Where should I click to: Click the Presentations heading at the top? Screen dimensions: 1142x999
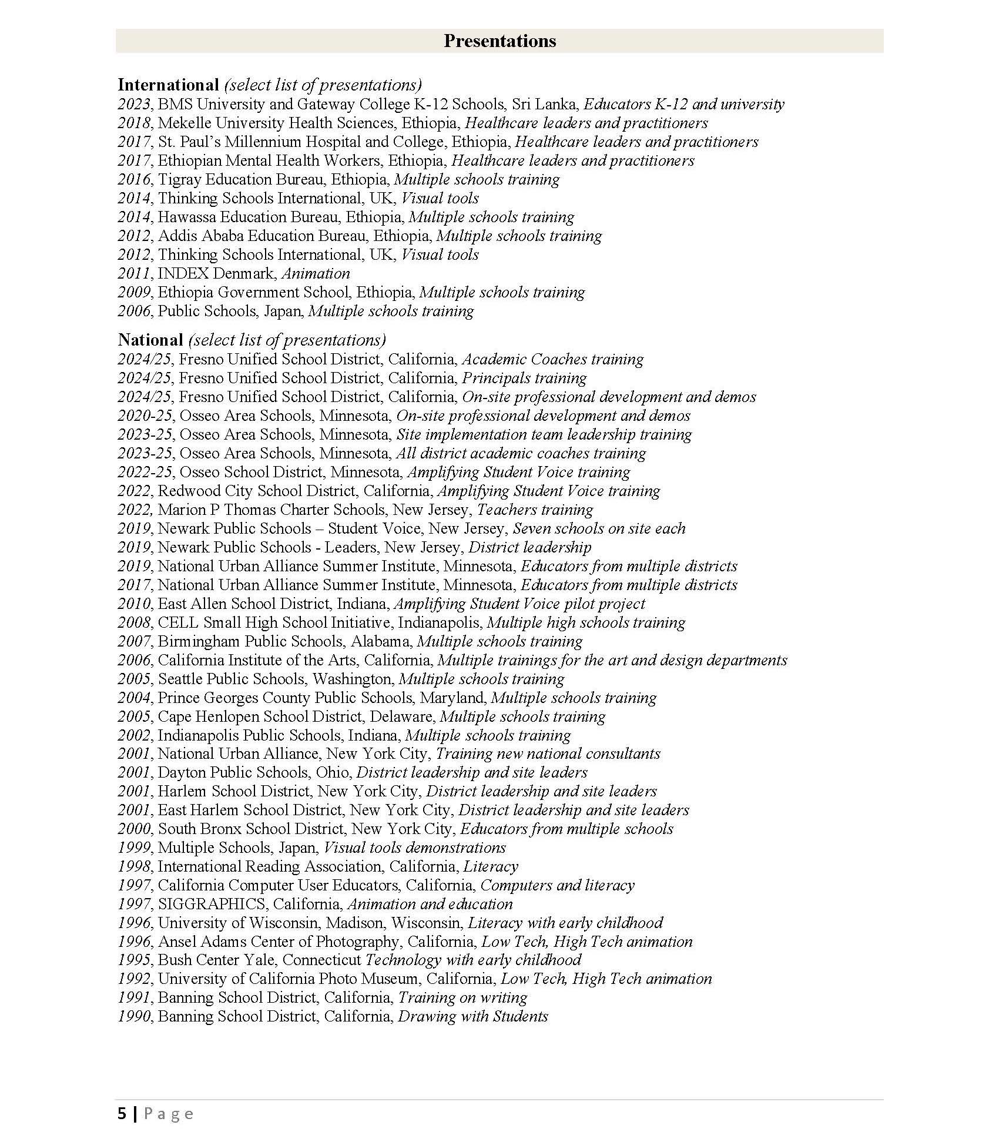click(499, 41)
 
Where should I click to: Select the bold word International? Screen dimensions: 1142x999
click(168, 85)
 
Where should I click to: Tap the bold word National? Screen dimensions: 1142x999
click(150, 340)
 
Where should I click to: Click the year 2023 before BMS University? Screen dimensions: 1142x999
click(135, 105)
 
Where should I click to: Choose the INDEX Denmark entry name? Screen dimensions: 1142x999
click(216, 274)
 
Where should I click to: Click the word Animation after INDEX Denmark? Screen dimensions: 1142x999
click(316, 274)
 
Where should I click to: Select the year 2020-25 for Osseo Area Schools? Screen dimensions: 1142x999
click(145, 416)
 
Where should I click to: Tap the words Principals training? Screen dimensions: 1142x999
click(524, 379)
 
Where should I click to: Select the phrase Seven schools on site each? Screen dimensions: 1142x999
click(599, 529)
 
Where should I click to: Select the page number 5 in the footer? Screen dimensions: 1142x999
click(122, 1114)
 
